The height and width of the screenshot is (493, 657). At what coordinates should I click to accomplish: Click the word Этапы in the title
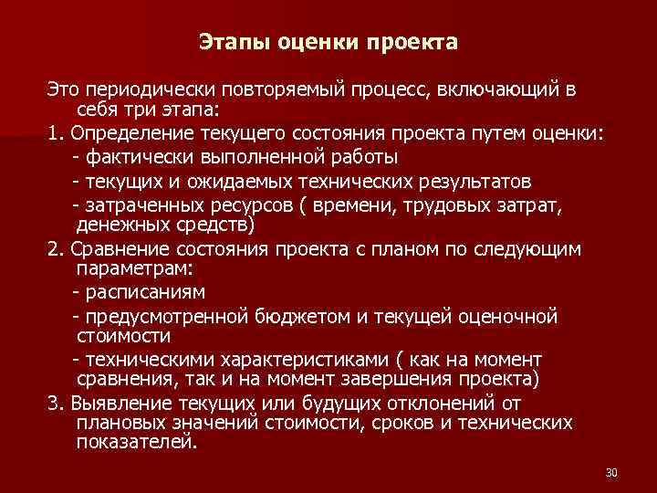(x=228, y=42)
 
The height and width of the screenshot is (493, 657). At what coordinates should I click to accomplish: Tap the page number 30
(x=611, y=472)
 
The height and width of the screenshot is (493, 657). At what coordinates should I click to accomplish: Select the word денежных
(x=119, y=224)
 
